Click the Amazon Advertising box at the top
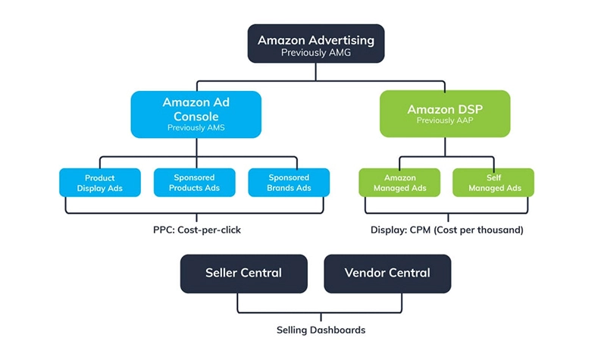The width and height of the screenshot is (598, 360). click(x=315, y=44)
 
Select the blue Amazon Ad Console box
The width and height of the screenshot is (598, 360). click(x=196, y=114)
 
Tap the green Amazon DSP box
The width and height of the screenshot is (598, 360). click(x=434, y=114)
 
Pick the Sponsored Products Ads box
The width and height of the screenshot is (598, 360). click(x=194, y=183)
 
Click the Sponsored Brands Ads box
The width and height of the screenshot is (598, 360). click(x=289, y=183)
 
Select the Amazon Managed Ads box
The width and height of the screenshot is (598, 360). click(x=399, y=183)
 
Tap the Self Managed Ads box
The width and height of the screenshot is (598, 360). click(x=493, y=183)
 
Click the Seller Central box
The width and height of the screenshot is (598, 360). click(x=243, y=273)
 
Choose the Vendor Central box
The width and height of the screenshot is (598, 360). click(x=387, y=273)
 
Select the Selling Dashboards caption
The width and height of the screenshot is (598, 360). click(x=315, y=330)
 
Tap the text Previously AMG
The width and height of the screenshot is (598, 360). click(x=315, y=53)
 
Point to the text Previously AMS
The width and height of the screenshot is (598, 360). click(x=196, y=128)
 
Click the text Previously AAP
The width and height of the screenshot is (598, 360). click(x=434, y=121)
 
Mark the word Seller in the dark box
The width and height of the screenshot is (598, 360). click(x=224, y=273)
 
